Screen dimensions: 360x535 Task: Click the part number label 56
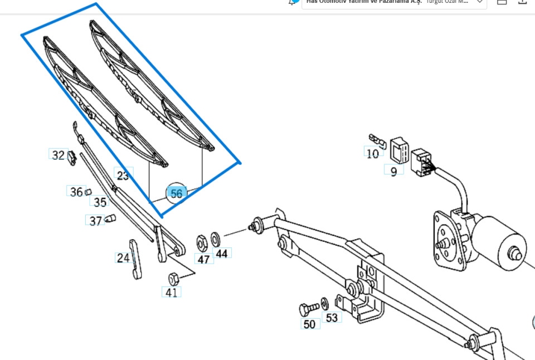tap(176, 193)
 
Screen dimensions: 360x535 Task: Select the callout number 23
tap(123, 176)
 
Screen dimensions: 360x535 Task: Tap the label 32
tap(58, 155)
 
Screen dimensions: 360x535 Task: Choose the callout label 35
tap(100, 202)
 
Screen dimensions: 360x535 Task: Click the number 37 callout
tap(95, 221)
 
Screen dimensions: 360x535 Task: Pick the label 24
tap(123, 258)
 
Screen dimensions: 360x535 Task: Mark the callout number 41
tap(171, 292)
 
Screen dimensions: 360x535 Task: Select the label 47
tap(203, 259)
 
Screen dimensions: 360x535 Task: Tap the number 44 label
tap(222, 254)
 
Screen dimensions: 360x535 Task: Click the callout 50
tap(309, 324)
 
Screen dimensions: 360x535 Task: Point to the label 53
tap(332, 318)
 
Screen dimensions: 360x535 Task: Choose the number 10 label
tap(373, 153)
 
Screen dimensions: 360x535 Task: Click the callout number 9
tap(393, 171)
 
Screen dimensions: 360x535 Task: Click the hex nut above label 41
tap(173, 277)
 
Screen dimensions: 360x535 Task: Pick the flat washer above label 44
tap(216, 239)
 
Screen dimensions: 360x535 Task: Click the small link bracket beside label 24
tap(135, 259)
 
